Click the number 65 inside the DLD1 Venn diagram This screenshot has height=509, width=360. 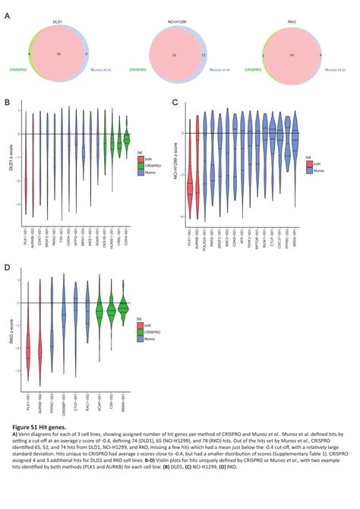pyautogui.click(x=58, y=55)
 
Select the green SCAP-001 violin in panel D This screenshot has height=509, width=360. pyautogui.click(x=99, y=310)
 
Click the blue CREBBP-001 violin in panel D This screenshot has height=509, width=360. pyautogui.click(x=64, y=311)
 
